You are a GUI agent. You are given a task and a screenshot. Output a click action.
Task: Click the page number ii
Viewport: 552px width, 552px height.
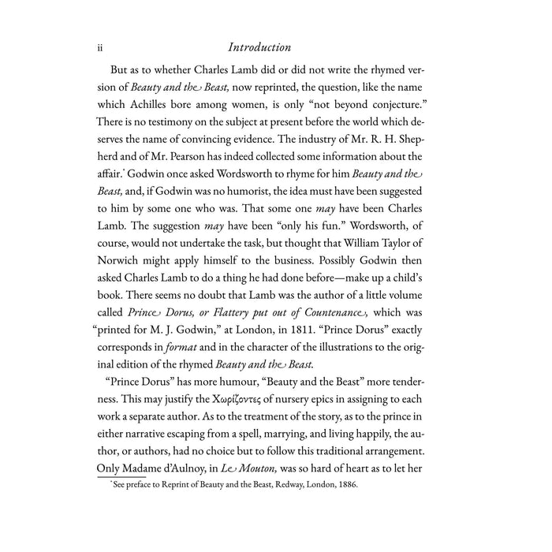(100, 48)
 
